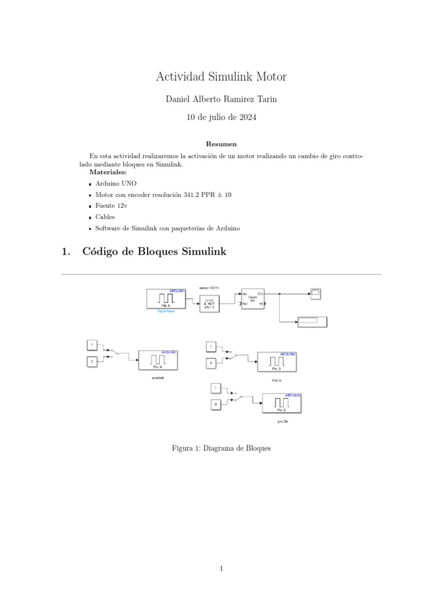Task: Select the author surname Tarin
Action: pyautogui.click(x=264, y=99)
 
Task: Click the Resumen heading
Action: pyautogui.click(x=221, y=144)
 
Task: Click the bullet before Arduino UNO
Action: pyautogui.click(x=91, y=184)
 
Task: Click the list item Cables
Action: pyautogui.click(x=105, y=217)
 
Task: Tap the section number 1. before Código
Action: pyautogui.click(x=65, y=252)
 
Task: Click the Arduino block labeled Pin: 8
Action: pyautogui.click(x=166, y=298)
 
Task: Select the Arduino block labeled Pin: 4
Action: pyautogui.click(x=157, y=360)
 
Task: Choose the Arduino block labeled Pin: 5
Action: pyautogui.click(x=276, y=361)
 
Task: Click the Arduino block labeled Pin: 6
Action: pyautogui.click(x=281, y=402)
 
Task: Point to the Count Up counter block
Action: pyautogui.click(x=253, y=298)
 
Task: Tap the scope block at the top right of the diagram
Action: pyautogui.click(x=315, y=294)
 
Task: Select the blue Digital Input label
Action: pyautogui.click(x=166, y=312)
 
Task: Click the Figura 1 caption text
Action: pyautogui.click(x=221, y=448)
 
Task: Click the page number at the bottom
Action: pyautogui.click(x=221, y=568)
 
